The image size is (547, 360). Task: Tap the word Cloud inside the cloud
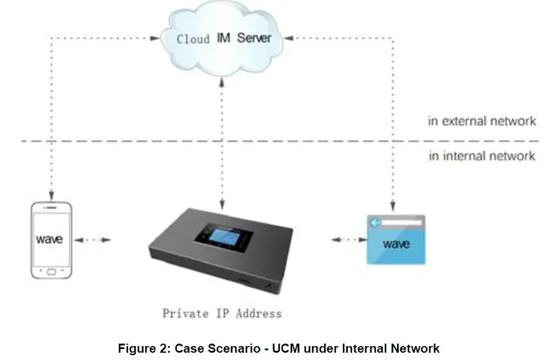tap(193, 39)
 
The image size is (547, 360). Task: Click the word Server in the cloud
tap(254, 38)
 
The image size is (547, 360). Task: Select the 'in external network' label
tap(482, 121)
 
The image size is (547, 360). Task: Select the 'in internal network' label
tap(482, 157)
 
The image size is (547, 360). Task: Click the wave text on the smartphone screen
tap(49, 239)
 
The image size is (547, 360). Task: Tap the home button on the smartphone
tap(52, 271)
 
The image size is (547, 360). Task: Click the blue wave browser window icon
tap(396, 240)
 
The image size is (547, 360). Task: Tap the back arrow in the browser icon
tap(376, 223)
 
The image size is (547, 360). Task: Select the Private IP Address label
tap(222, 314)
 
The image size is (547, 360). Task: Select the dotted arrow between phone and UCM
tap(93, 240)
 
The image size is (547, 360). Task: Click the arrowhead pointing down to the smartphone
tap(52, 195)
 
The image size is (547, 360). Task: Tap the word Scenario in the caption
tap(233, 348)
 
